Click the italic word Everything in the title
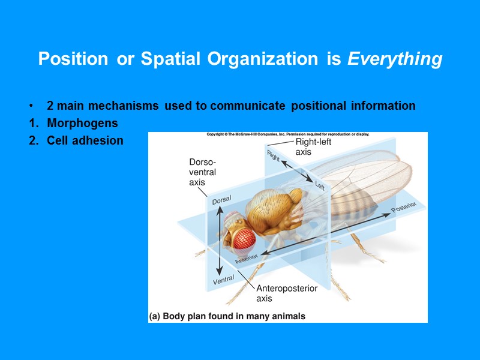(x=395, y=59)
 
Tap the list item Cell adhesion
(x=85, y=140)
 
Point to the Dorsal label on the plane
(x=221, y=200)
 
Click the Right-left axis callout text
(x=313, y=147)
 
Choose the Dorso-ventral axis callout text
(x=202, y=172)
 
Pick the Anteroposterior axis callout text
(x=287, y=293)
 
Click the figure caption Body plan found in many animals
(x=227, y=316)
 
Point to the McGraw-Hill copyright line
(x=287, y=134)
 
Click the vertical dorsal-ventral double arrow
(x=220, y=240)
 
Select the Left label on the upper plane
(x=319, y=185)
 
